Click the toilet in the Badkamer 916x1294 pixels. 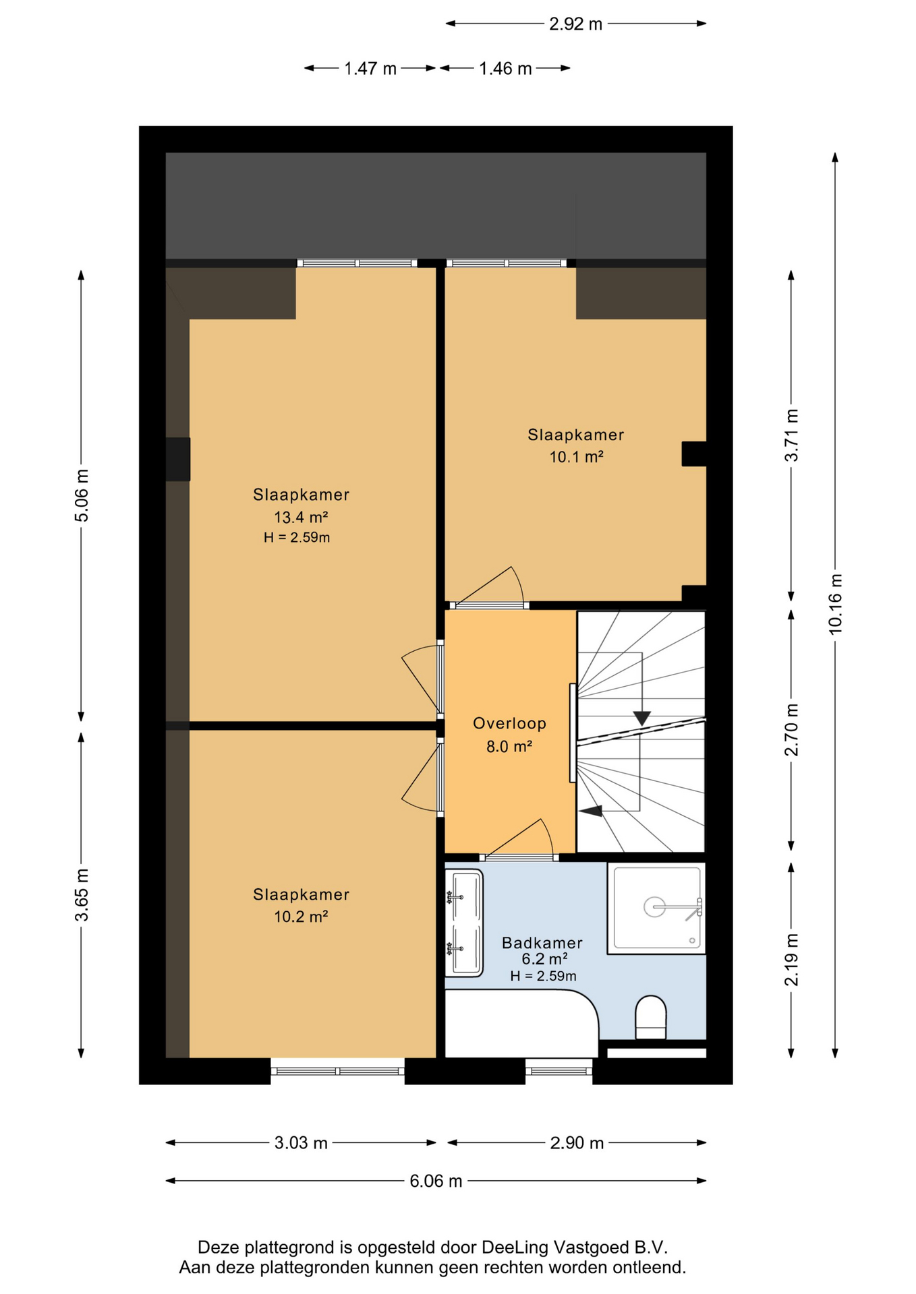(x=650, y=1017)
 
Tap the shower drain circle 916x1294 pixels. (x=654, y=907)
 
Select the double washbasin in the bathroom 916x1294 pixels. (x=464, y=923)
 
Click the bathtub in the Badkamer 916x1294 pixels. (x=521, y=1023)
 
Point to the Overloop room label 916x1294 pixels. (x=509, y=723)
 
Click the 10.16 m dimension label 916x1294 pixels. (x=835, y=604)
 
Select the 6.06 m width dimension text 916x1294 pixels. (x=436, y=1181)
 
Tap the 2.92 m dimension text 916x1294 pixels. (x=575, y=24)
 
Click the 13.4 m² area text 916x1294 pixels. (x=301, y=517)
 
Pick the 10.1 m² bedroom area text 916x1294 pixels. (x=576, y=456)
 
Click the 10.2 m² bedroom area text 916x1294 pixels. (x=301, y=916)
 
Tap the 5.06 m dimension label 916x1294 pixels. (x=82, y=495)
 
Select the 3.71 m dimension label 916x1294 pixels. (x=791, y=435)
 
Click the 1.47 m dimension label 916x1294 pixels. (x=370, y=69)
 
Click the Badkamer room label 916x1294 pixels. (x=542, y=943)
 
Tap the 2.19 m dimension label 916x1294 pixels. (x=791, y=960)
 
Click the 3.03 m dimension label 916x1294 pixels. (x=301, y=1142)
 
